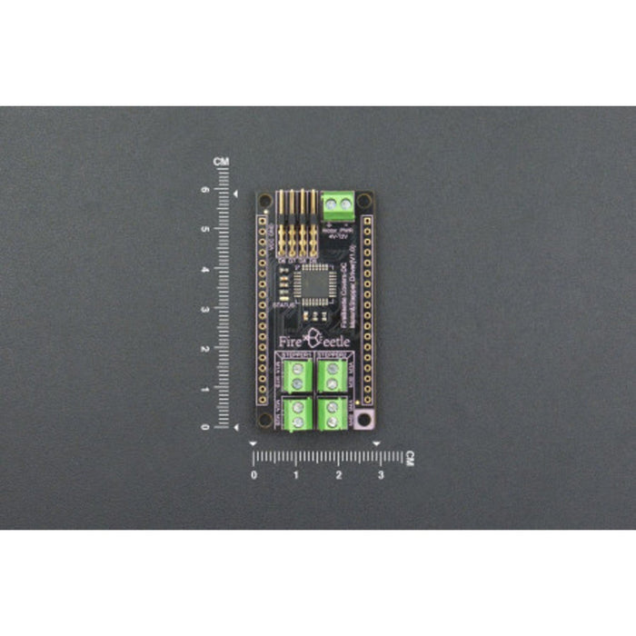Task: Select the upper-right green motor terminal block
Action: click(332, 373)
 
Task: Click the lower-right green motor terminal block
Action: click(332, 412)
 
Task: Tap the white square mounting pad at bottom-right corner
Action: click(365, 420)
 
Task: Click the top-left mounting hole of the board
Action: click(264, 199)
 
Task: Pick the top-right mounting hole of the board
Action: click(363, 199)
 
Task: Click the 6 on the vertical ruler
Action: click(205, 191)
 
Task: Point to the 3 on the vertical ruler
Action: click(205, 309)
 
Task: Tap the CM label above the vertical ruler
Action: click(221, 162)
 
